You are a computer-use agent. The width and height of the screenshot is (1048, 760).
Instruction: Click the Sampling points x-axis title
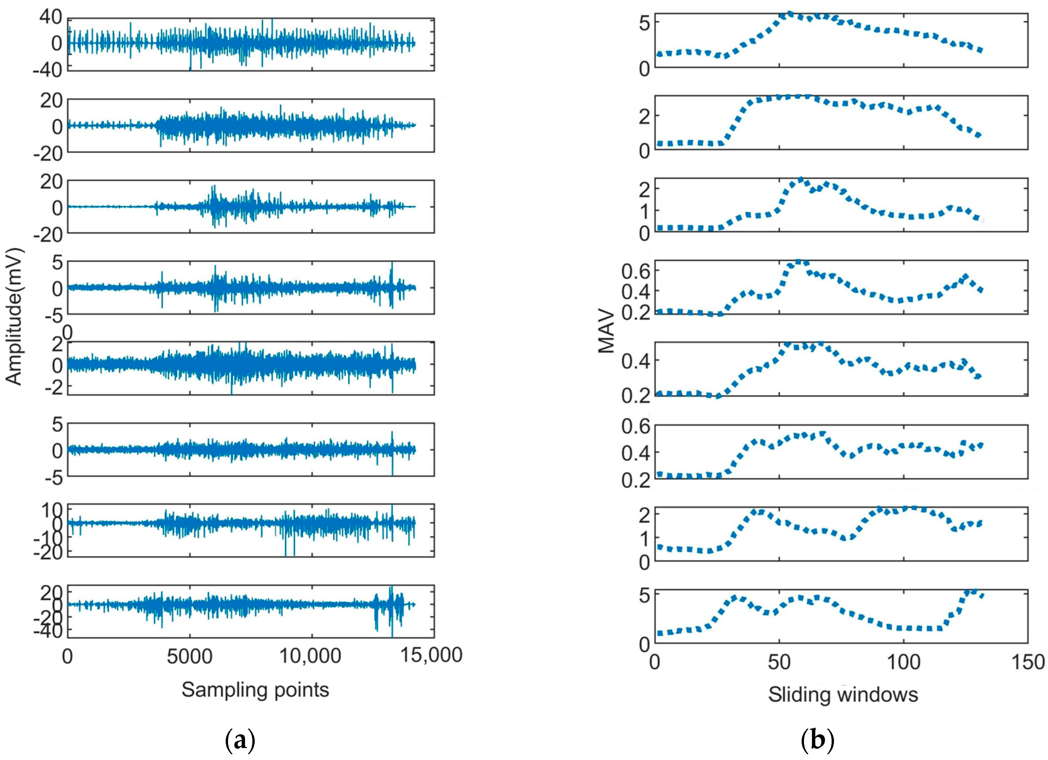tap(255, 690)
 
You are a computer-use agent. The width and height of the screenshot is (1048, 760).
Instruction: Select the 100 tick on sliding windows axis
tap(904, 662)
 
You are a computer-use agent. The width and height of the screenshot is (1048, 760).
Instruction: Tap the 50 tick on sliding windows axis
tap(780, 662)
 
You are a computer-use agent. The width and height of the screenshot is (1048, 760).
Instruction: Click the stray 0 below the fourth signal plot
tap(68, 332)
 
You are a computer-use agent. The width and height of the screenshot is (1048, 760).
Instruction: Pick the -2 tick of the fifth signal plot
tap(52, 386)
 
